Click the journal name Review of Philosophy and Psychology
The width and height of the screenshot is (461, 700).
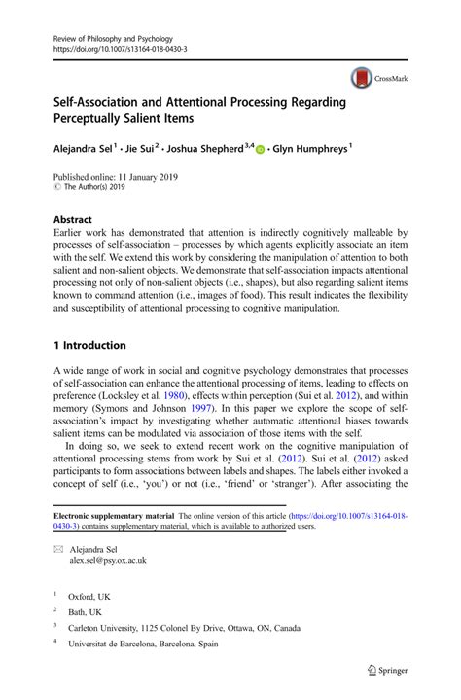(110, 34)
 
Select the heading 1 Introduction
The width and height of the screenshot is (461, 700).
(89, 345)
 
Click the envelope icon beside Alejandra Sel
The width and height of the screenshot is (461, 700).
(57, 550)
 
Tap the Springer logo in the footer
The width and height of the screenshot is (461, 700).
(385, 670)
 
